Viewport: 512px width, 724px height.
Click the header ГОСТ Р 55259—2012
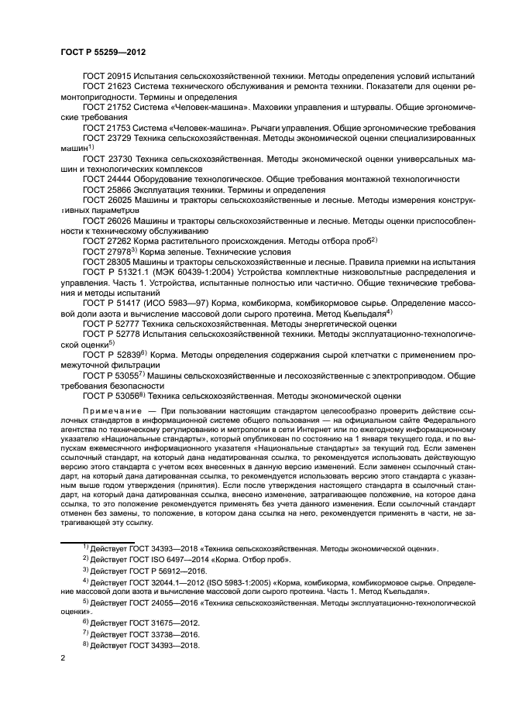coord(103,51)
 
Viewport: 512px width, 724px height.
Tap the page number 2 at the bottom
coord(63,658)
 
